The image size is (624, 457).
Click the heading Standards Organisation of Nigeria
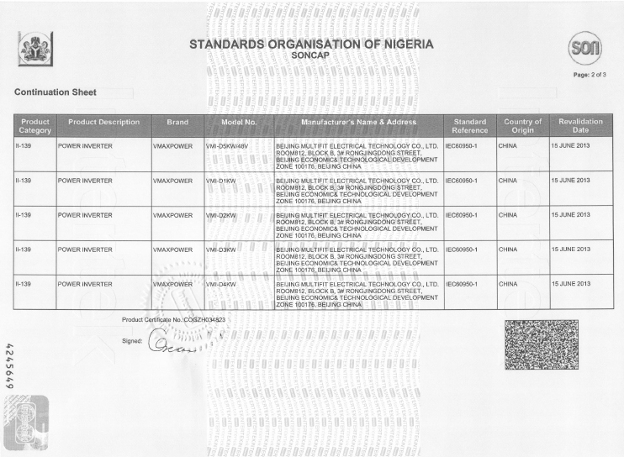(311, 44)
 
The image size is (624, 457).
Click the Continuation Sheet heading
(56, 92)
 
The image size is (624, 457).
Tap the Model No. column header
(238, 123)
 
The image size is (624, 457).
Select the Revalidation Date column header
(580, 126)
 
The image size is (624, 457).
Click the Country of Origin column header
(522, 126)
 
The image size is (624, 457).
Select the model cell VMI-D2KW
(221, 215)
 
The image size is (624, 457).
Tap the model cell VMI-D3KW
(221, 250)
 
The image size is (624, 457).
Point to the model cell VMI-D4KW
(221, 285)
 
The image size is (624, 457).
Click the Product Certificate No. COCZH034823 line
(173, 320)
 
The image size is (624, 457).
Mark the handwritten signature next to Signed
(172, 344)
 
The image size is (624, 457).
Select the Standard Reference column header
(469, 126)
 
